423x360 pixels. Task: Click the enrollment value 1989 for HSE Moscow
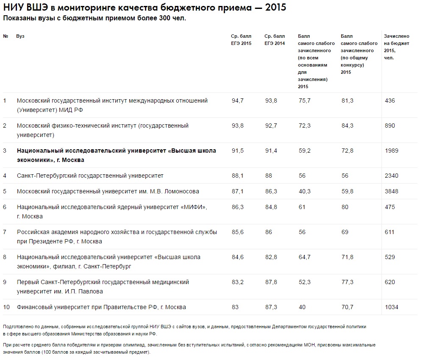coord(392,151)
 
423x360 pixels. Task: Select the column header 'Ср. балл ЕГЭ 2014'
coord(275,40)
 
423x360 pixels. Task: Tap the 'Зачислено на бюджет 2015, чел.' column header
coord(397,47)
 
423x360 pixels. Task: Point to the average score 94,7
coord(237,100)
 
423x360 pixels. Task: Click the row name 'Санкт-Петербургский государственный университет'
coord(90,176)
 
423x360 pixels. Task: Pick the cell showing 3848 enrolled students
coord(392,191)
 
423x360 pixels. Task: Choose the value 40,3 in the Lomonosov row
coord(305,191)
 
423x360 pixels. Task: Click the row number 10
coord(6,307)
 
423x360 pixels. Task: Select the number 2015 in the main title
coord(276,7)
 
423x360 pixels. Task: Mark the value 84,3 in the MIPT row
coord(347,126)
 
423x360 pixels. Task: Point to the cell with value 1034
coord(392,307)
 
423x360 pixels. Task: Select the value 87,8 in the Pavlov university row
coord(271,282)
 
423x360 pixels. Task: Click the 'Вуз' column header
coord(20,36)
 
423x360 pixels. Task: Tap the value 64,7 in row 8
coord(305,257)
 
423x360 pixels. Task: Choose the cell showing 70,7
coord(347,307)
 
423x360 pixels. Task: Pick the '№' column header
coord(6,36)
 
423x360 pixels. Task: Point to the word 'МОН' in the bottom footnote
coord(309,345)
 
